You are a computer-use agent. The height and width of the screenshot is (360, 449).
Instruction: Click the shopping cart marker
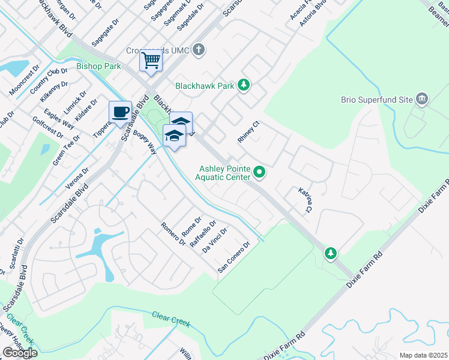click(x=151, y=60)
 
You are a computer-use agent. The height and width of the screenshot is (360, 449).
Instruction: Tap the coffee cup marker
click(x=120, y=112)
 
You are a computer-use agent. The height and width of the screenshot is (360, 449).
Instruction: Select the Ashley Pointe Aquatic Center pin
click(x=259, y=173)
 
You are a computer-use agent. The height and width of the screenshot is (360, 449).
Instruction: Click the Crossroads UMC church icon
click(x=200, y=50)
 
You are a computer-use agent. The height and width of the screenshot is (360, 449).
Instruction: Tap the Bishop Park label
click(x=98, y=66)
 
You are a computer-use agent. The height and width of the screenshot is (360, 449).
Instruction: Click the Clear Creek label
click(x=171, y=319)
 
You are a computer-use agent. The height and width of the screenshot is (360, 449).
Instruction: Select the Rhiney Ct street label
click(x=248, y=131)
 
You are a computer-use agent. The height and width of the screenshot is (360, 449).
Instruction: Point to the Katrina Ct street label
click(x=305, y=199)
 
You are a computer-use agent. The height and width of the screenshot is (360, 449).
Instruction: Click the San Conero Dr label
click(x=234, y=256)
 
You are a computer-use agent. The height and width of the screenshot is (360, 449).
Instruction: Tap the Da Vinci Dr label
click(x=215, y=240)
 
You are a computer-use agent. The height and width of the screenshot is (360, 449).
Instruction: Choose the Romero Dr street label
click(x=173, y=234)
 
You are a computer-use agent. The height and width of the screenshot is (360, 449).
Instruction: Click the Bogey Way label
click(x=145, y=142)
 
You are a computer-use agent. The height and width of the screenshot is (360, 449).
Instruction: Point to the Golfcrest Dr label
click(x=47, y=127)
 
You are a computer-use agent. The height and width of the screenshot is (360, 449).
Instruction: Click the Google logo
click(x=19, y=353)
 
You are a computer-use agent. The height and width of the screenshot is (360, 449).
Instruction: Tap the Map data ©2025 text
click(x=423, y=355)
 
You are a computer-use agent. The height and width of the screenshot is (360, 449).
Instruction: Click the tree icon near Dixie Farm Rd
click(x=330, y=253)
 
